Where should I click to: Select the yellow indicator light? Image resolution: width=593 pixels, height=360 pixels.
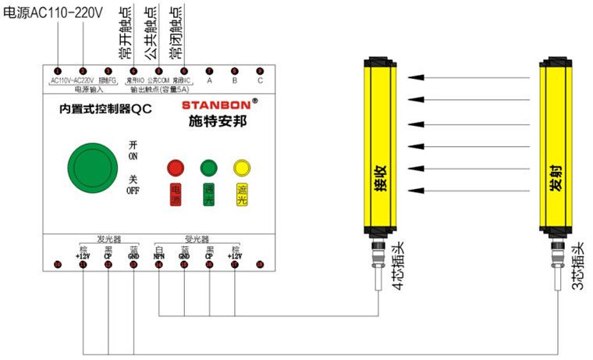241,167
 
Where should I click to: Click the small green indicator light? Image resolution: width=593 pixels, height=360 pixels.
208,167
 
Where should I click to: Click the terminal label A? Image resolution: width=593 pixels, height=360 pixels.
209,80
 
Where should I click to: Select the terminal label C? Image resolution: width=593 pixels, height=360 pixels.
260,80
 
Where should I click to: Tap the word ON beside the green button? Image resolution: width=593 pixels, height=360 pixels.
133,156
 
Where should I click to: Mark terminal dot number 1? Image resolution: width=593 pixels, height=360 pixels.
57,70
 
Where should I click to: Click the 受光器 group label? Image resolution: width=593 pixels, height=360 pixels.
195,240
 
